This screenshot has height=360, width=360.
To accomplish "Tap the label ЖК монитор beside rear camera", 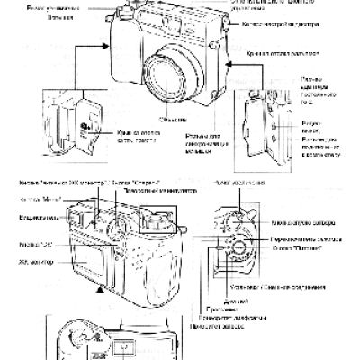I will (36, 262).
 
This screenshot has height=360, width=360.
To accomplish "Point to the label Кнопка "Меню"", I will (35, 199).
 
